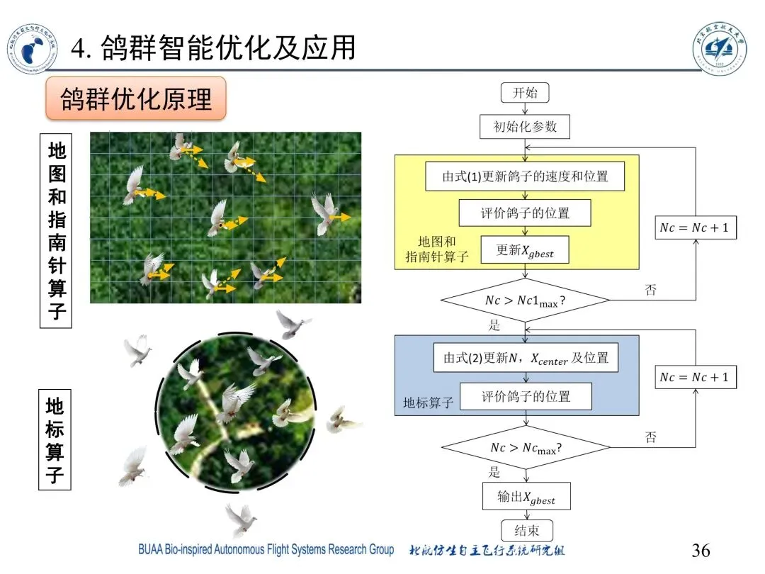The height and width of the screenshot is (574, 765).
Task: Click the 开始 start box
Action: (x=525, y=93)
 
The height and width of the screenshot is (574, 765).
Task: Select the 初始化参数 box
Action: (x=525, y=127)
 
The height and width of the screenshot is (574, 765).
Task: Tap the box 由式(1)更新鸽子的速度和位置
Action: (x=525, y=176)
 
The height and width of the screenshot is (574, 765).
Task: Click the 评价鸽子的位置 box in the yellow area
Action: (x=525, y=213)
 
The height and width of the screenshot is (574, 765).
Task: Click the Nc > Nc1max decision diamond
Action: (x=525, y=300)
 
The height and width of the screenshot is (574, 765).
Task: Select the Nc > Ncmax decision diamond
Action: (x=525, y=448)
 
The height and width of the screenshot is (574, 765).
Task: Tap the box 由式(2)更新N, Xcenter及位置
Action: (x=526, y=359)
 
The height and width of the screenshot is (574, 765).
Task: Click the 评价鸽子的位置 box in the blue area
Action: (x=526, y=396)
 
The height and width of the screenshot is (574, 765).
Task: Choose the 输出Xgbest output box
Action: (x=526, y=497)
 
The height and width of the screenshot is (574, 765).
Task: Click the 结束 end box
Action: (x=526, y=531)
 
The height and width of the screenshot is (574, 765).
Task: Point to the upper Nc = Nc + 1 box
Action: (x=694, y=228)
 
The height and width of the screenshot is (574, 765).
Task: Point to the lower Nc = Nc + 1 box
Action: (x=694, y=377)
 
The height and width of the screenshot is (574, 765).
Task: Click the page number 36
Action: (x=700, y=551)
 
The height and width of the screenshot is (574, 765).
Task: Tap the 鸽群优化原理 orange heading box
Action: (x=136, y=99)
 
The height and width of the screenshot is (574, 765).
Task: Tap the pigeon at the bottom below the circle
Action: (x=241, y=521)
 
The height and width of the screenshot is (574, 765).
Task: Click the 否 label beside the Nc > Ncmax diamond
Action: (x=650, y=437)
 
